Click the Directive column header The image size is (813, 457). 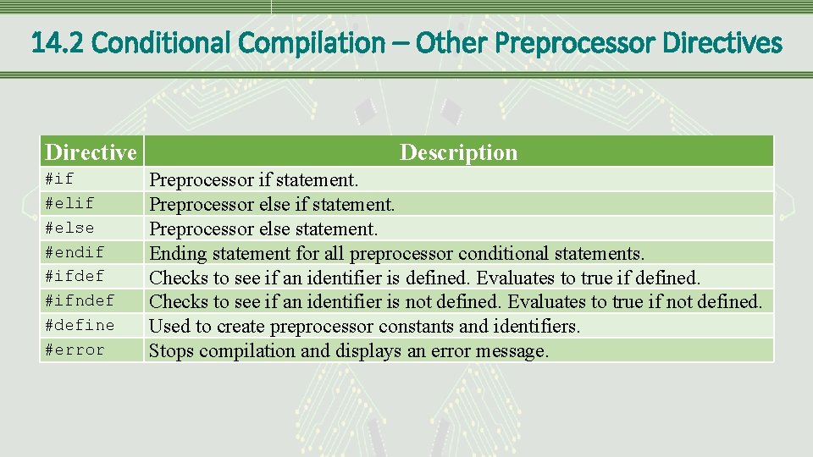point(91,152)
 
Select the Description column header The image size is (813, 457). point(458,152)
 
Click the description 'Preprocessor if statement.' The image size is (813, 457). point(254,179)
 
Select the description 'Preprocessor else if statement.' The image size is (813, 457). point(272,204)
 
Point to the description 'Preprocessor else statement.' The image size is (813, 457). point(263,228)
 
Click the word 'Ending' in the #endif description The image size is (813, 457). point(173,253)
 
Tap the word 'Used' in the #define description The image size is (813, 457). point(167,326)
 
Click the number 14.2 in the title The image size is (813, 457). point(57,42)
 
